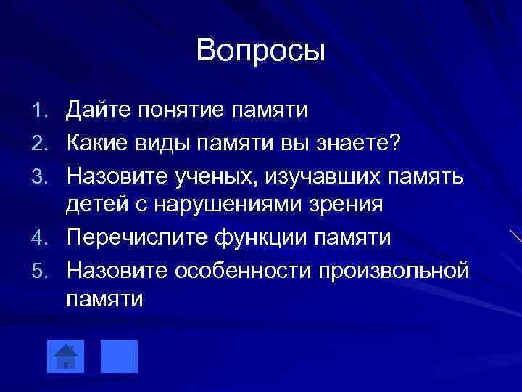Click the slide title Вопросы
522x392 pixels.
(260, 51)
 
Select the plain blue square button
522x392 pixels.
(119, 355)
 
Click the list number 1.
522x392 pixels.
(41, 111)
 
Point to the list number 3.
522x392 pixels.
(41, 174)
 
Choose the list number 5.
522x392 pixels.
(41, 270)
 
